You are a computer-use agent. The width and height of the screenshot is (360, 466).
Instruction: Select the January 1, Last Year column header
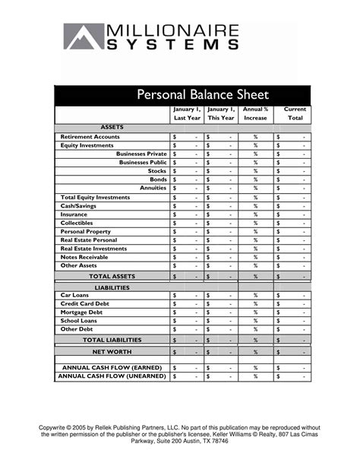click(x=187, y=114)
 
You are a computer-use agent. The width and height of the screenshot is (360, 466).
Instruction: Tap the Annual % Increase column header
click(x=255, y=114)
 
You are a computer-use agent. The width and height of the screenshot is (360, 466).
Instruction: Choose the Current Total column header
click(x=295, y=114)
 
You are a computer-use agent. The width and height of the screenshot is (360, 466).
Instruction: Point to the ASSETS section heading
click(x=112, y=127)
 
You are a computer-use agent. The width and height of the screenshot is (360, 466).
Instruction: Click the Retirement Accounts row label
click(x=90, y=137)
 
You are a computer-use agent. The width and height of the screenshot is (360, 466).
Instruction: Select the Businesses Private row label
click(x=141, y=154)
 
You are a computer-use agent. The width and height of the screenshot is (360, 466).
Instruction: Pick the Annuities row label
click(x=153, y=188)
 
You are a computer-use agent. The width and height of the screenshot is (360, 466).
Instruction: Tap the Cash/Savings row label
click(x=78, y=205)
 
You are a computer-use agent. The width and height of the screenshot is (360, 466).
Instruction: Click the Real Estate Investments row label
click(x=93, y=249)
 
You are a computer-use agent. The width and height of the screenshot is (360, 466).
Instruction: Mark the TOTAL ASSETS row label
click(x=112, y=277)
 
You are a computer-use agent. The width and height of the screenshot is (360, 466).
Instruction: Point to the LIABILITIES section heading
click(x=112, y=287)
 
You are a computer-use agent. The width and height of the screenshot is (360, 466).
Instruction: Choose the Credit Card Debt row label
click(x=84, y=303)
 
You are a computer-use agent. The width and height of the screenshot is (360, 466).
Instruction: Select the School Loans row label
click(x=80, y=321)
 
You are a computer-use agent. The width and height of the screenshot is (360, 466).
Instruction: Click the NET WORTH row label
click(x=112, y=352)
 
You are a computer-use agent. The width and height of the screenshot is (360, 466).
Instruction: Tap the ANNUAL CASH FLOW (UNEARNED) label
click(x=112, y=376)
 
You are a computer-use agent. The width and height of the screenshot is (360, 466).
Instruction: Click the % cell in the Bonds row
click(x=255, y=179)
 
